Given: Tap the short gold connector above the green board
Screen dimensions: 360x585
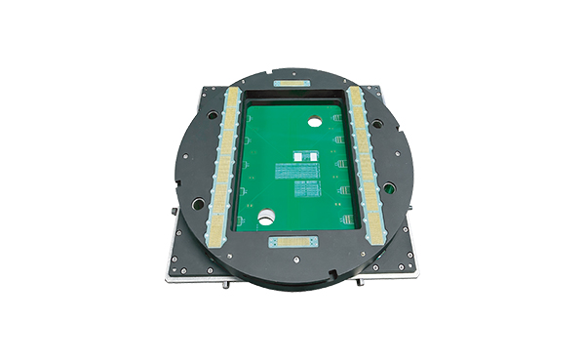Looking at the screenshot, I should [x=292, y=85].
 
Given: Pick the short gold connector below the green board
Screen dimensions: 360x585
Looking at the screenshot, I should [x=292, y=239].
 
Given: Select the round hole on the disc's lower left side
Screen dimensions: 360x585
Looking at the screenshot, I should [x=198, y=203].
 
